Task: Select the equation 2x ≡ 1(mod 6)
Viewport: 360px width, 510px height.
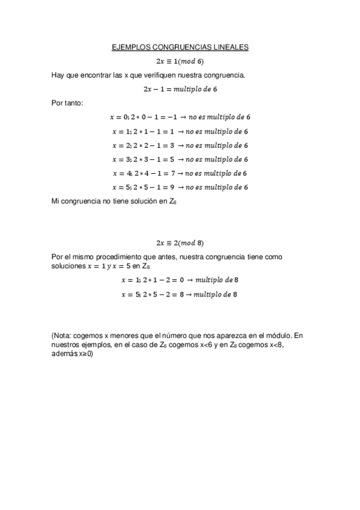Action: [x=180, y=61]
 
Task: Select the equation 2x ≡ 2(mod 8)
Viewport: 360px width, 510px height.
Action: [x=180, y=243]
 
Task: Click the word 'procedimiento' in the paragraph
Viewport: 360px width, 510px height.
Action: [x=122, y=257]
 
